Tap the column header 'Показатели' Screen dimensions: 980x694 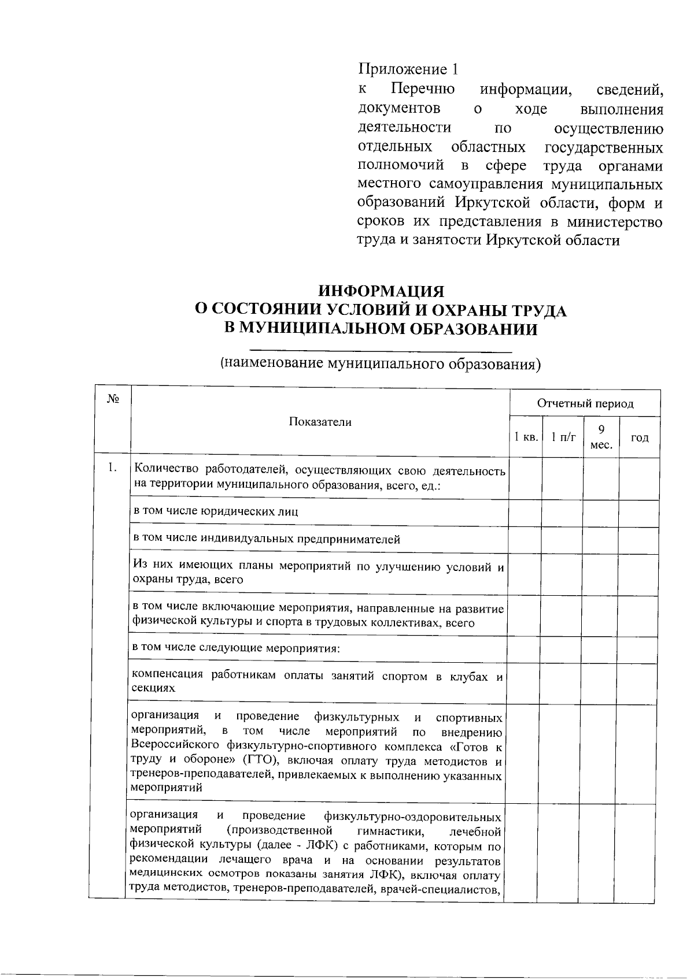pyautogui.click(x=320, y=422)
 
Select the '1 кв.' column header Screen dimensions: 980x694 pyautogui.click(x=526, y=437)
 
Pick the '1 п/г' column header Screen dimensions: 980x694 pyautogui.click(x=562, y=437)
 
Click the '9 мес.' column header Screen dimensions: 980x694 pyautogui.click(x=601, y=437)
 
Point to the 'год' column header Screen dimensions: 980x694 pyautogui.click(x=639, y=437)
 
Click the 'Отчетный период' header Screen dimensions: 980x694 pyautogui.click(x=585, y=403)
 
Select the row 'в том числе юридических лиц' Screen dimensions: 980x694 pyautogui.click(x=216, y=511)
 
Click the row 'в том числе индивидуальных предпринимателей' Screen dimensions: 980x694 pyautogui.click(x=267, y=539)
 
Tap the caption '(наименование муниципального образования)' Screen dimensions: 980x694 pyautogui.click(x=380, y=364)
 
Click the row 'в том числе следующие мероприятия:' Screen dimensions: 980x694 pyautogui.click(x=236, y=647)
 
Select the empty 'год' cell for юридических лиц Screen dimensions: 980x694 pyautogui.click(x=639, y=513)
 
